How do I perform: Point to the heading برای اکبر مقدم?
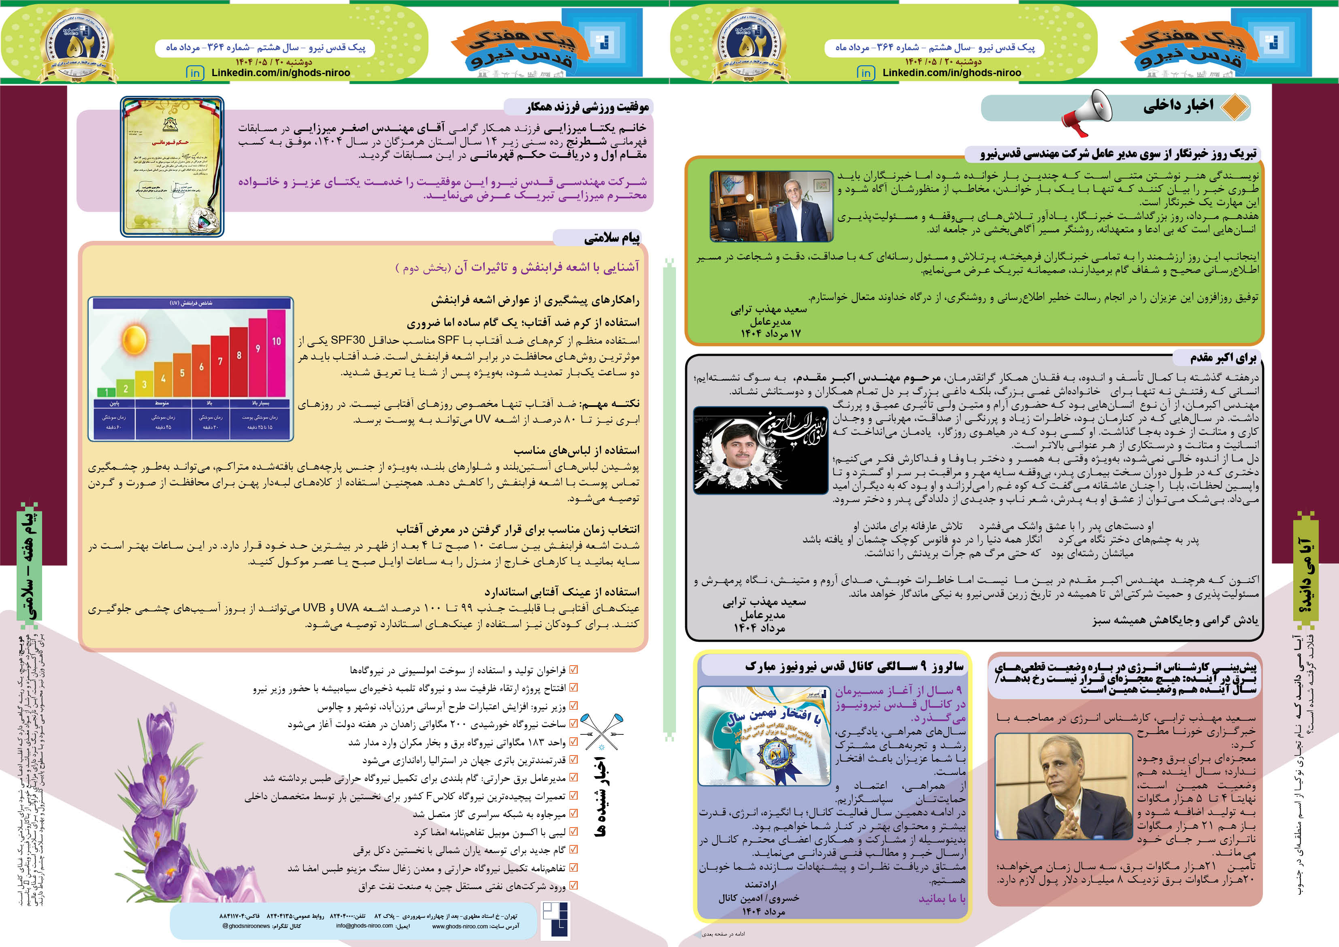click(x=1223, y=358)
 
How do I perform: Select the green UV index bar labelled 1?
click(x=106, y=392)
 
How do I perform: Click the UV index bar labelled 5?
click(x=182, y=375)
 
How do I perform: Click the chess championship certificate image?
click(x=172, y=167)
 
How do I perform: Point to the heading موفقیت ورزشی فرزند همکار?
click(x=587, y=107)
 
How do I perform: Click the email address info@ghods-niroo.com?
click(x=364, y=926)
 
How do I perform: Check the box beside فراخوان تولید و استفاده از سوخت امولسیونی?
click(x=574, y=670)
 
